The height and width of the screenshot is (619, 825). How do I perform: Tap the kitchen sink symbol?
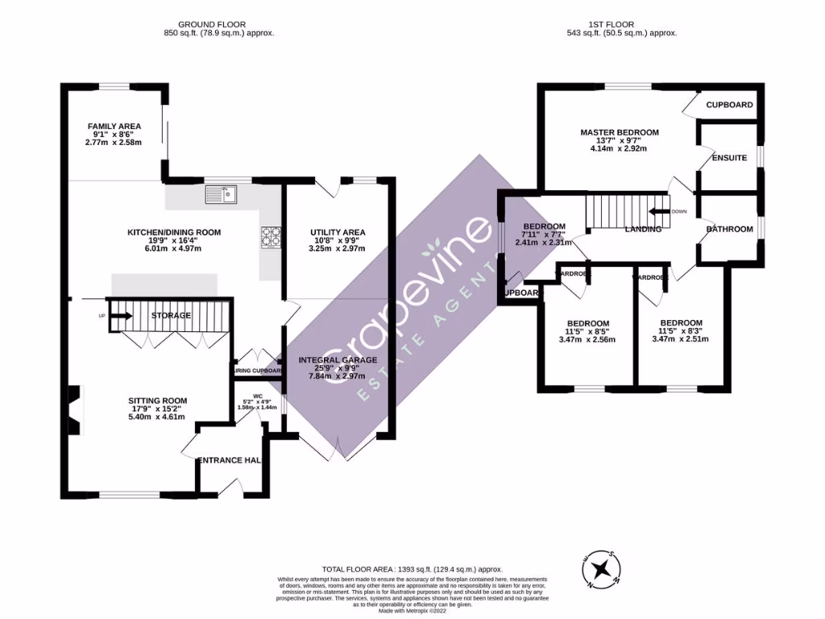tap(220, 193)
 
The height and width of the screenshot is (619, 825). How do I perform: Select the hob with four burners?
tap(270, 235)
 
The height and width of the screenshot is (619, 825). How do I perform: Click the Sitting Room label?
tap(157, 401)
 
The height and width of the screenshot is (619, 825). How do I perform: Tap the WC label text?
tap(258, 396)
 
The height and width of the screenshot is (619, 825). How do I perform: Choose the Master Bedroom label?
tap(620, 132)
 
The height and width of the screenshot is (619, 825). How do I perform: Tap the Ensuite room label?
tap(729, 157)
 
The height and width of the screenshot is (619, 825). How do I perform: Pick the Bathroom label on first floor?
tap(729, 230)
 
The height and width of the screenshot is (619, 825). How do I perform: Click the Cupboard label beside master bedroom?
tap(729, 105)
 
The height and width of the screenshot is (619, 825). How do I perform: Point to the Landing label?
tap(643, 230)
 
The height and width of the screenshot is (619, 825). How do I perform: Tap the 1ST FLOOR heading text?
tap(623, 25)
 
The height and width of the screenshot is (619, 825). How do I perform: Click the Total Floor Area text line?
tap(412, 568)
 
